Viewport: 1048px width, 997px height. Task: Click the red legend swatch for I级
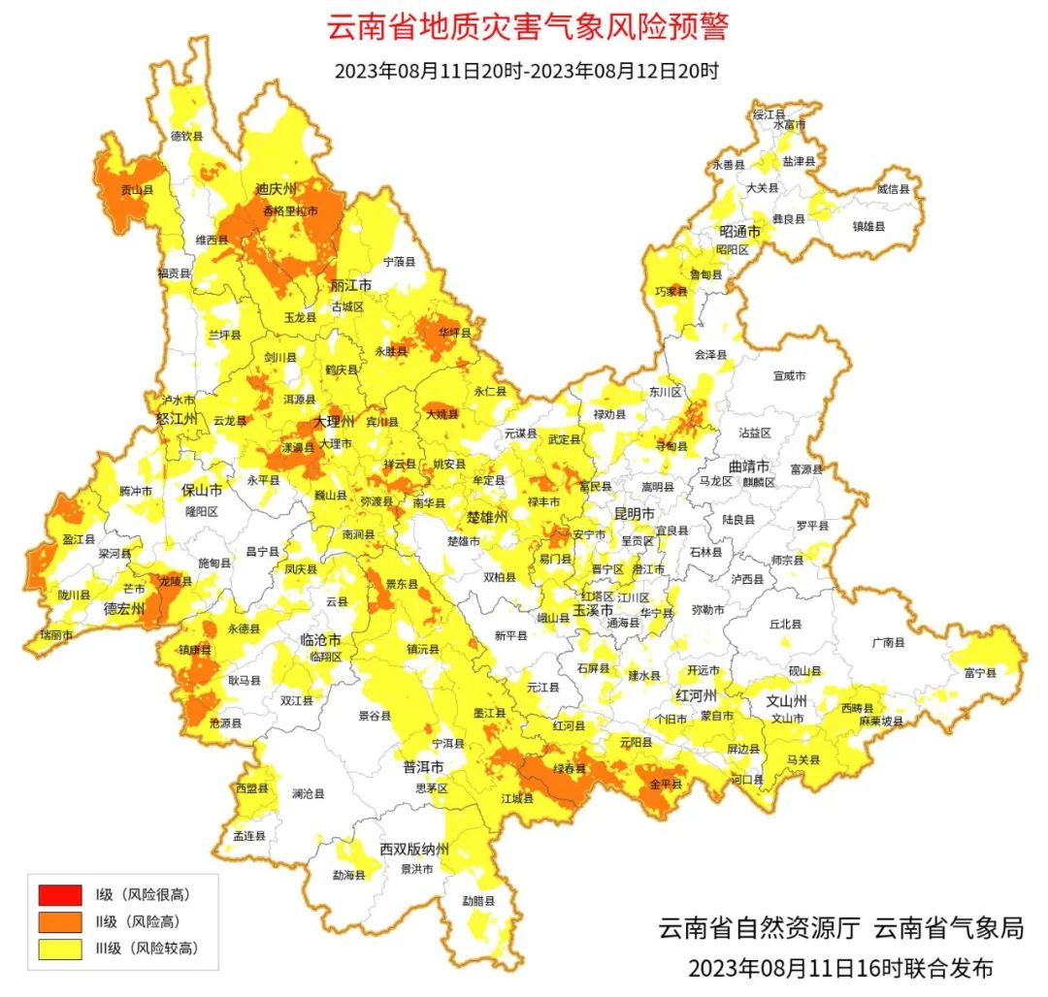[61, 893]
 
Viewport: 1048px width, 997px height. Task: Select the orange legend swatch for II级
[61, 921]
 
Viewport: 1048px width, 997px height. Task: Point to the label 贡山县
[136, 191]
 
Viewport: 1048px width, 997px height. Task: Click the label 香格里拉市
[290, 210]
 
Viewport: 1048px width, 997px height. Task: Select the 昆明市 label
[635, 512]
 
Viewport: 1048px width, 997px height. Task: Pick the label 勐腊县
[477, 900]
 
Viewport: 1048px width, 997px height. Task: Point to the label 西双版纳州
[414, 849]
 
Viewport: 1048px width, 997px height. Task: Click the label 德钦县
[186, 137]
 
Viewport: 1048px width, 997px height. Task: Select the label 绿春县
[570, 768]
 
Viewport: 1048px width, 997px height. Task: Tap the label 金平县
[666, 784]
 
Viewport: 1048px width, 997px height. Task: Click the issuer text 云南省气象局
[948, 928]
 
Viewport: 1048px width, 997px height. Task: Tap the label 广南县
[887, 642]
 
